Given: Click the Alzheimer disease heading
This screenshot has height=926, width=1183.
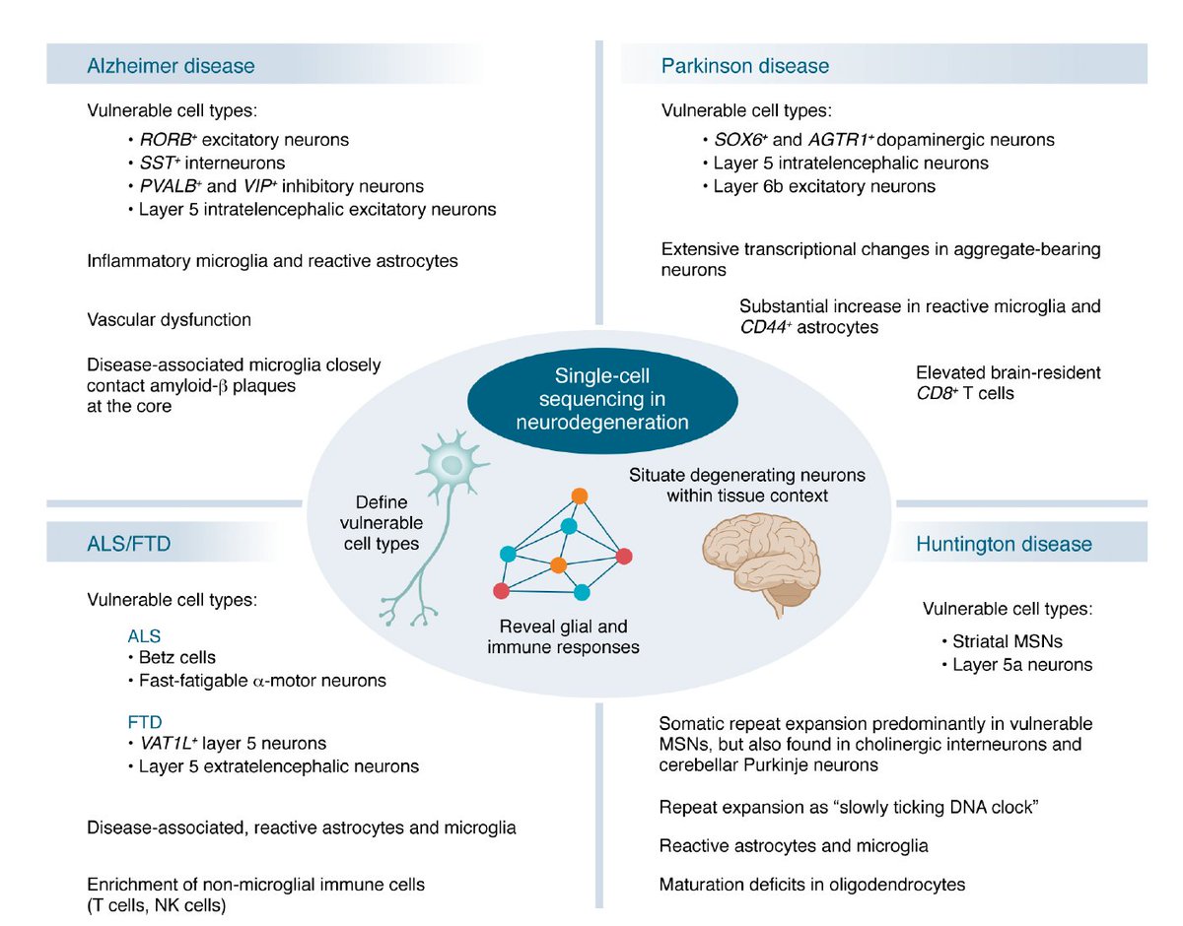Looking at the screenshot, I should point(171,66).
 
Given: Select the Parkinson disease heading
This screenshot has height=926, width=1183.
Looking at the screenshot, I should point(744,66).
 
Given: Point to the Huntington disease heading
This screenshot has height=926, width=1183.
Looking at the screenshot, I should point(1004,544).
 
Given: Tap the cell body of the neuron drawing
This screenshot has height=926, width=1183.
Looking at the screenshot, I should point(450,462).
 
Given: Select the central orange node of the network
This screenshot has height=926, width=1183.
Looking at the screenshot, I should point(558,564).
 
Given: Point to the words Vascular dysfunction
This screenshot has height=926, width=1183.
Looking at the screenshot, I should point(169,319).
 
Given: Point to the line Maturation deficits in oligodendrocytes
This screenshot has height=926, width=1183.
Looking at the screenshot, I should point(811,884).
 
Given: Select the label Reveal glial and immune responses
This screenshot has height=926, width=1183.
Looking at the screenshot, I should point(563,636).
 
